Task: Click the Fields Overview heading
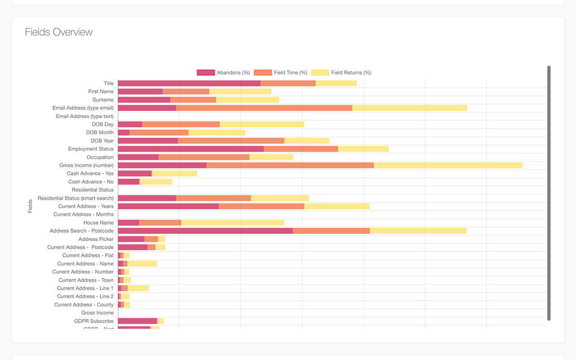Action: (58, 32)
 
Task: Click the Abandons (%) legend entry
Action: (224, 72)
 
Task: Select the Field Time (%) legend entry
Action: (281, 72)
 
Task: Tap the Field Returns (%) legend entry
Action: (342, 72)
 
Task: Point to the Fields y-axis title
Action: (30, 206)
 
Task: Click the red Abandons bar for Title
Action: (189, 83)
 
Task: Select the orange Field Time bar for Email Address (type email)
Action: (264, 108)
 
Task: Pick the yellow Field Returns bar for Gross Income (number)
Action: (448, 165)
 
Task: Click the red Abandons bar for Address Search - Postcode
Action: (205, 231)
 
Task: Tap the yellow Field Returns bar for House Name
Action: (233, 223)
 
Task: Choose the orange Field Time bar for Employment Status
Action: (301, 149)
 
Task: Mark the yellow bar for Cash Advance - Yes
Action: (175, 174)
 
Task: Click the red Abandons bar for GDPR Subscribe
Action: (137, 321)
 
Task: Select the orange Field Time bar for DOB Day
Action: (181, 124)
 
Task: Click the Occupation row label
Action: (100, 157)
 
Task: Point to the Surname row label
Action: (103, 100)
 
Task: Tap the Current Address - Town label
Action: (86, 280)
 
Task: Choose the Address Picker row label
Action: (96, 239)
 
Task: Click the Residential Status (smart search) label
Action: (76, 198)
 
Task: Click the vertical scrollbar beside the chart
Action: (549, 193)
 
